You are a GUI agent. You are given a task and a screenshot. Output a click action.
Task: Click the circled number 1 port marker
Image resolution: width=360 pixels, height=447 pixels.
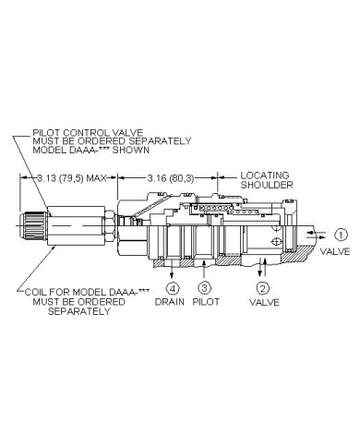[x=341, y=236]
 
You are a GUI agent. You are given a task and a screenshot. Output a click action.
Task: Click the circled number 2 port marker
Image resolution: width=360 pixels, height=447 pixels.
[x=262, y=288]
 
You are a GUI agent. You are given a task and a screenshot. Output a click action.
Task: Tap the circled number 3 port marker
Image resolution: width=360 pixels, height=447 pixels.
[x=204, y=288]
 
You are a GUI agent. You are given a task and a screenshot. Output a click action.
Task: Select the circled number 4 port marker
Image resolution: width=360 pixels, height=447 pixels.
[x=173, y=288]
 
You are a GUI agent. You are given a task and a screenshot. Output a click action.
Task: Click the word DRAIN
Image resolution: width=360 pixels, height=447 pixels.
[x=170, y=302]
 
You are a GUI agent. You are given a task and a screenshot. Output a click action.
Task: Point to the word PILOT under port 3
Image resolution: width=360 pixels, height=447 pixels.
[x=206, y=302]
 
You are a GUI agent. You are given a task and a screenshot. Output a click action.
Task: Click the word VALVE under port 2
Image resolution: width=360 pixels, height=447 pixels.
[x=264, y=302]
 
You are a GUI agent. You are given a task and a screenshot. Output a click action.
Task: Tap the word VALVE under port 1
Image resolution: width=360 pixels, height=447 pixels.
[x=335, y=252]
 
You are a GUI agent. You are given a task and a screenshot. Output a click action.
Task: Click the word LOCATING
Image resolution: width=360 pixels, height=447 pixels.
[x=265, y=175]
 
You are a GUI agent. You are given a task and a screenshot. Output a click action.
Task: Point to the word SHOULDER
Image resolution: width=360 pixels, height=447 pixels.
[x=267, y=185]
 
